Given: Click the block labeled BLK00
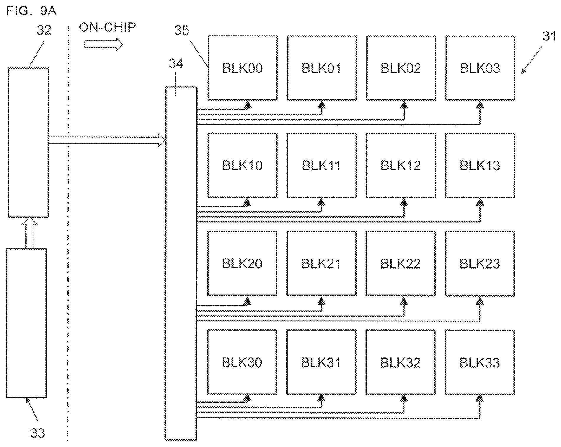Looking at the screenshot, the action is (242, 68).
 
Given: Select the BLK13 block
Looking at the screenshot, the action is (480, 165).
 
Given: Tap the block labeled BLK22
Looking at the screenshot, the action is (401, 263).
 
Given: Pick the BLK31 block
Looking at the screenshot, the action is (321, 362).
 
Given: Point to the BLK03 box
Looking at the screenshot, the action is (480, 68).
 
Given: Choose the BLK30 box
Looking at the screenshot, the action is (242, 362).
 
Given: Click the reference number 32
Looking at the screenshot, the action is (44, 30).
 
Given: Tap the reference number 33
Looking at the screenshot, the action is (37, 433).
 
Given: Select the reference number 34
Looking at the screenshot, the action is (176, 64).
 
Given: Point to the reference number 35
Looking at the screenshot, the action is (182, 30).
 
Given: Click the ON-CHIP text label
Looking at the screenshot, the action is (107, 27).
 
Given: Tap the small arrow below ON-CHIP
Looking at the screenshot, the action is (103, 44).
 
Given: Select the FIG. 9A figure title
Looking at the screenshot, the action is (31, 11).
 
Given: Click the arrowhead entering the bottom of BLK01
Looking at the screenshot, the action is (322, 104).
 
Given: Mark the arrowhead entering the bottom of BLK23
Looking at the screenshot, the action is (480, 301).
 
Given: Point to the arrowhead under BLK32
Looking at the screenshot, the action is (404, 399).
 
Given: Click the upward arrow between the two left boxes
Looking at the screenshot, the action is (29, 233).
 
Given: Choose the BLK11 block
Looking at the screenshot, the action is (321, 165).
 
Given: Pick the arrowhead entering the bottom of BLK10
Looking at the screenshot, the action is (247, 202).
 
